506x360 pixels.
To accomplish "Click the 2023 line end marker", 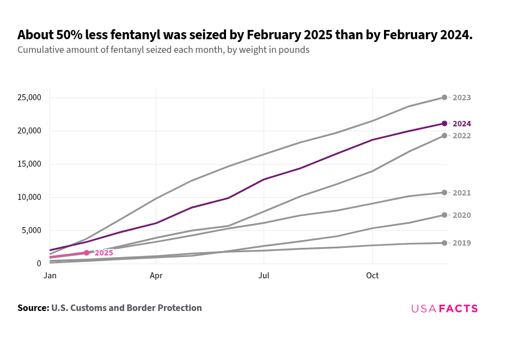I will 444,97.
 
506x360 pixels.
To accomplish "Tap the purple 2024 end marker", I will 444,124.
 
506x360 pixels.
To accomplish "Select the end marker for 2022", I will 444,136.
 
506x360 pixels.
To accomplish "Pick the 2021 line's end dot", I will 444,193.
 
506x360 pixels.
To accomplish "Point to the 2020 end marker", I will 444,215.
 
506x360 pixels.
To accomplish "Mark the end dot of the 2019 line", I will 444,243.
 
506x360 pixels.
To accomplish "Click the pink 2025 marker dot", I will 87,253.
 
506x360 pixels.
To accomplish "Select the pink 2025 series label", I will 104,253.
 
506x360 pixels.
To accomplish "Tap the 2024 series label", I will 461,124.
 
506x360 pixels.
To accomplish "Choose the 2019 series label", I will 461,243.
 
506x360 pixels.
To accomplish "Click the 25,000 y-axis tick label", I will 29,98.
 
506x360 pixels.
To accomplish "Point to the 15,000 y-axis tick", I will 29,164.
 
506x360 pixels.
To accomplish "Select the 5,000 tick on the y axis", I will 31,230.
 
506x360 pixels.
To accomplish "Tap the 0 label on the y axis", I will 39,264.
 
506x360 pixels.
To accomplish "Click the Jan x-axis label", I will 50,276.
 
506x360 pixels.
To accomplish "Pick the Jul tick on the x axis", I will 264,276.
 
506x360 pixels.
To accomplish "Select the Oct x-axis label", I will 372,276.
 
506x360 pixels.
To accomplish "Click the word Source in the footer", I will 33,308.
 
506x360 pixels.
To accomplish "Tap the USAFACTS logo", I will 444,309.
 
